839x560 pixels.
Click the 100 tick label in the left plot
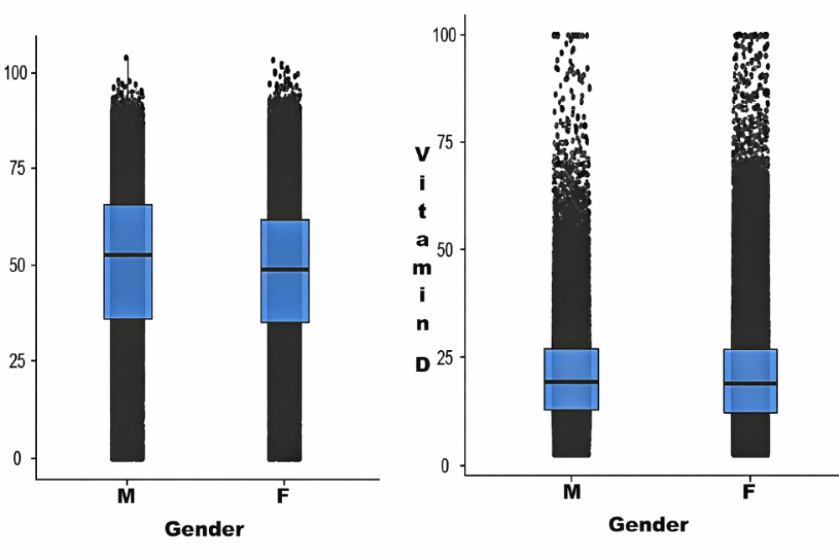[x=15, y=73]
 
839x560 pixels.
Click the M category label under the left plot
[x=126, y=497]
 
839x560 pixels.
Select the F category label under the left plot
[x=283, y=497]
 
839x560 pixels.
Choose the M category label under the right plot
[x=571, y=492]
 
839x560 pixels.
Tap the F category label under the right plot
[x=748, y=492]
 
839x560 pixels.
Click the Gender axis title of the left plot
[x=204, y=529]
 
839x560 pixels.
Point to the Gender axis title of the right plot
[x=648, y=525]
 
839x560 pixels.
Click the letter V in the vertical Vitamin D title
[x=423, y=154]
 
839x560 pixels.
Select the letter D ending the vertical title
[x=423, y=364]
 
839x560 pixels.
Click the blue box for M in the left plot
[x=128, y=262]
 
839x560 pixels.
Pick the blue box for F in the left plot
[x=284, y=270]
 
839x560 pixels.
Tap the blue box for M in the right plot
[x=571, y=379]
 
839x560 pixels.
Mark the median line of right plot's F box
[x=750, y=384]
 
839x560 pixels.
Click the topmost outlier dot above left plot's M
[x=127, y=58]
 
